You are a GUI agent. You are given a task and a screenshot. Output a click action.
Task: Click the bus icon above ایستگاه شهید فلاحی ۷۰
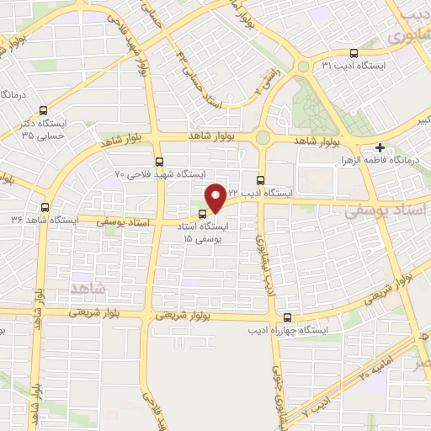(x=159, y=161)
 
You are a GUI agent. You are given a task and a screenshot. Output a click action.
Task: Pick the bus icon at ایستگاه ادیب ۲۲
(x=260, y=179)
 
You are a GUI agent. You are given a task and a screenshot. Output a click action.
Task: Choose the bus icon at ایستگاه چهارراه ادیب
(x=288, y=317)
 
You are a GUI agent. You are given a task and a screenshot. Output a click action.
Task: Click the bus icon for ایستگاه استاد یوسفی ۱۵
(x=202, y=213)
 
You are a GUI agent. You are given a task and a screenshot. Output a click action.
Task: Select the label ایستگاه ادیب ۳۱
(x=363, y=65)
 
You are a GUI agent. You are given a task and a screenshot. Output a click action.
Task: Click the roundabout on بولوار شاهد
(x=263, y=138)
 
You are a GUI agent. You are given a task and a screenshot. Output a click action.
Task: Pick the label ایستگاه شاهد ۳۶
(x=40, y=220)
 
